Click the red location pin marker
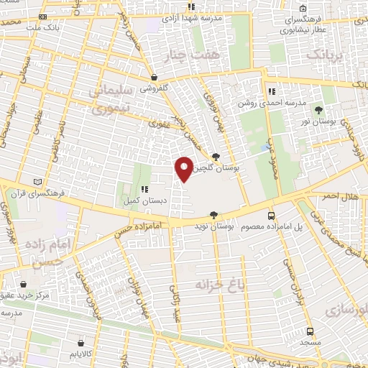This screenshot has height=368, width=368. click(x=184, y=168)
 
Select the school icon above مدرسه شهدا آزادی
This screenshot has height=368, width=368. click(x=191, y=6)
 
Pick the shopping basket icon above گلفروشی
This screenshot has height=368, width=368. click(x=155, y=76)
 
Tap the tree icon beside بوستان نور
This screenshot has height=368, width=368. click(x=318, y=110)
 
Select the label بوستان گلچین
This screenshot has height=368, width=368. click(x=231, y=167)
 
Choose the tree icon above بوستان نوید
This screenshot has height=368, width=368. click(x=213, y=215)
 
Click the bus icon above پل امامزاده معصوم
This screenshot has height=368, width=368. click(x=271, y=215)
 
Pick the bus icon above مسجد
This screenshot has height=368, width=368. click(x=310, y=331)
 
